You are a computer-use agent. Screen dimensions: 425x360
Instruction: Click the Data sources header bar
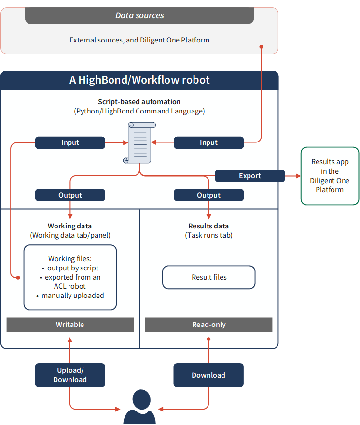click(x=139, y=15)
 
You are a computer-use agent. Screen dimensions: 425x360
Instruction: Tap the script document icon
click(x=139, y=142)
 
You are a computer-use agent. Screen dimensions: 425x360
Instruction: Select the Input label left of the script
click(x=70, y=142)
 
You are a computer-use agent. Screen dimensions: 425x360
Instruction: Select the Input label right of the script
click(x=208, y=142)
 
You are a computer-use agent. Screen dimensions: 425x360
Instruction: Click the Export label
click(x=249, y=176)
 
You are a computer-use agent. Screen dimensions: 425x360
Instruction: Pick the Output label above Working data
click(x=70, y=195)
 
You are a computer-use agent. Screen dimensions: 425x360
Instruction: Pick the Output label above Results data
click(x=208, y=195)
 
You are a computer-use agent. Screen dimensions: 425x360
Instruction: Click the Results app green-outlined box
click(x=330, y=176)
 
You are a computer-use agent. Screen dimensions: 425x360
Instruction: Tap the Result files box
click(x=208, y=277)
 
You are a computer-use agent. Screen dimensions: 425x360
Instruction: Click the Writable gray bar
click(x=70, y=325)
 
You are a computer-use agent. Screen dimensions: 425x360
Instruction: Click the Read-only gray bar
click(x=208, y=325)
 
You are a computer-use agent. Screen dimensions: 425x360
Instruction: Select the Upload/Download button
click(x=70, y=375)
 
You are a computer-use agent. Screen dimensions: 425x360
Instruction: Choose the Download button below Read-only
click(x=208, y=375)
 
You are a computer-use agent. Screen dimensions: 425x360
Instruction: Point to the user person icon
click(x=139, y=408)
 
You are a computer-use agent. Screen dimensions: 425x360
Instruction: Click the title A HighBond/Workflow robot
click(x=139, y=80)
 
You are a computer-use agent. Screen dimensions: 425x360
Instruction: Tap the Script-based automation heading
click(x=139, y=102)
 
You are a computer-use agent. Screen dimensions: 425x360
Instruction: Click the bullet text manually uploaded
click(x=72, y=296)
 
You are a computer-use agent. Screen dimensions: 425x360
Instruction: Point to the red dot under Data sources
click(x=262, y=47)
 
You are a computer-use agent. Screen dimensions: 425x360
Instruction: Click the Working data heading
click(x=70, y=226)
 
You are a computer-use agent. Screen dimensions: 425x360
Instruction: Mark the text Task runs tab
click(x=208, y=235)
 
